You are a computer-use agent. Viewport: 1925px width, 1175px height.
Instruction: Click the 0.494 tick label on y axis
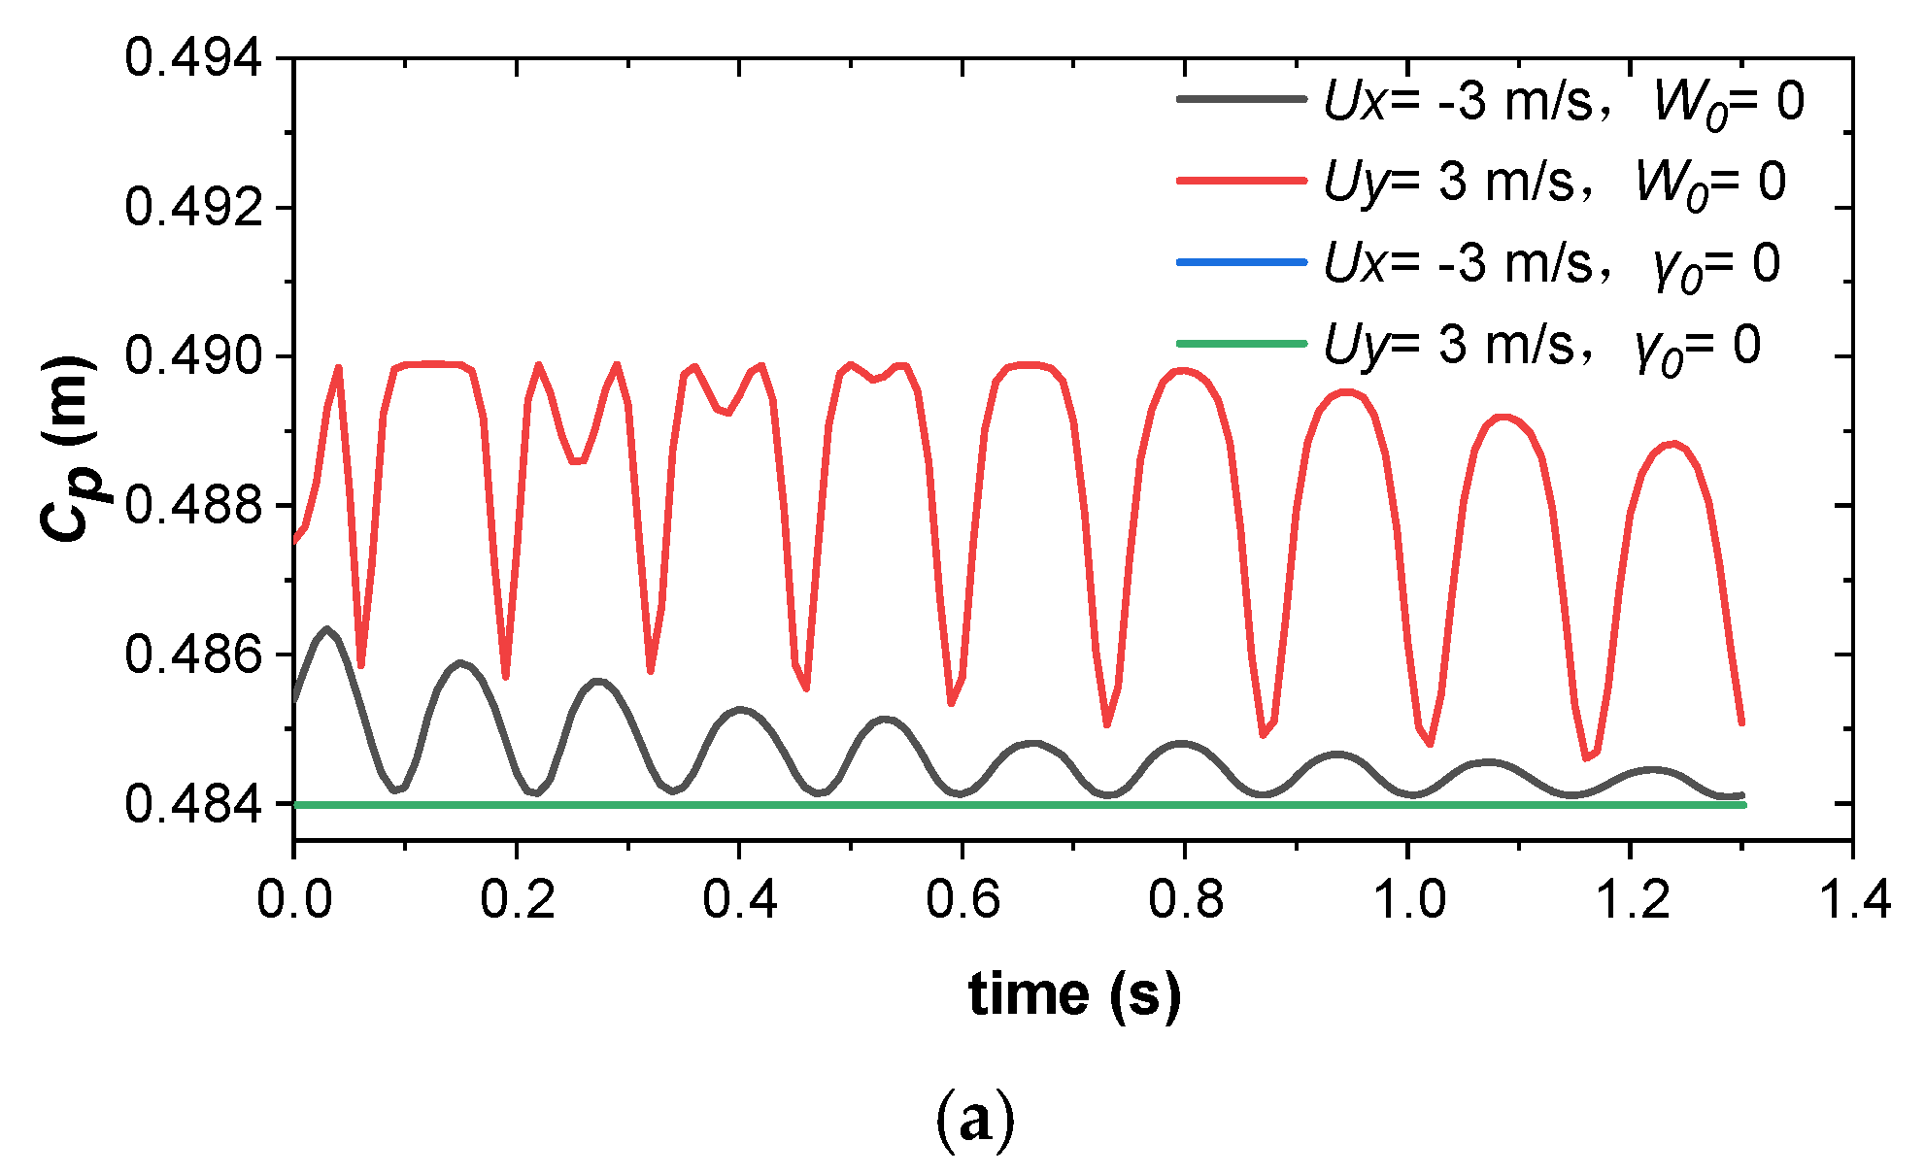point(193,58)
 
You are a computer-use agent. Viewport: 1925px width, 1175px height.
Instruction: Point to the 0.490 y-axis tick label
point(193,356)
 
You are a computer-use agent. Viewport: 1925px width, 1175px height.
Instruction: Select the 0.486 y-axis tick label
point(193,655)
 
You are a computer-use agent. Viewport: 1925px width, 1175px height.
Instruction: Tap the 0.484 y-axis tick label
point(193,804)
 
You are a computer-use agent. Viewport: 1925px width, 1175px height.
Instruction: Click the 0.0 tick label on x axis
point(294,899)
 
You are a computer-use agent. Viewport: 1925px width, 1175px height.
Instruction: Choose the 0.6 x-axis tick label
point(962,899)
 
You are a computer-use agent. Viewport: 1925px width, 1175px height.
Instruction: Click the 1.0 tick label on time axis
point(1407,899)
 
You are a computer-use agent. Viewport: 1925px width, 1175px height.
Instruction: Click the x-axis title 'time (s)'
point(1074,994)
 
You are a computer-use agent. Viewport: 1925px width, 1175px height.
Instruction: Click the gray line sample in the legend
point(1241,99)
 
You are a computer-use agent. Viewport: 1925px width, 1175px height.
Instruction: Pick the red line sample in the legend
point(1241,181)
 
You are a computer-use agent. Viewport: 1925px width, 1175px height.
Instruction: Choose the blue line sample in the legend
point(1241,262)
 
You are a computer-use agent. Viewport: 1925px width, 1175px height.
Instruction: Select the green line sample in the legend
point(1241,344)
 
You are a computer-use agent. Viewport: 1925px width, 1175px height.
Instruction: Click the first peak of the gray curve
point(327,629)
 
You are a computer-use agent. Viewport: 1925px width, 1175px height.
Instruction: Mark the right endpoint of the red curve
point(1742,722)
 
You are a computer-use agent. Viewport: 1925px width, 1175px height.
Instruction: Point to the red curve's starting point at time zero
point(295,541)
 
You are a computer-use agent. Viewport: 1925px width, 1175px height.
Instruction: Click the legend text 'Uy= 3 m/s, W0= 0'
point(1554,183)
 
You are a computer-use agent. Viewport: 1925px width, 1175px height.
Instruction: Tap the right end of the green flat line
point(1743,805)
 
